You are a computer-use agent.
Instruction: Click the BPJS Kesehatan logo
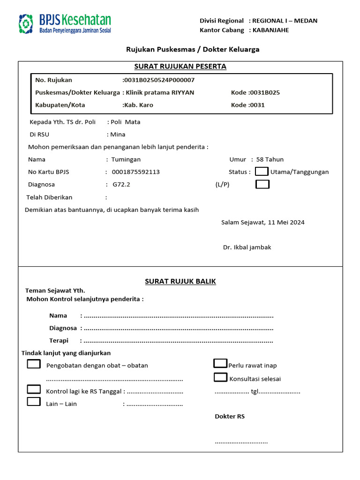(65, 23)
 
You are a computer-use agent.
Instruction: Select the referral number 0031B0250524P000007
(159, 80)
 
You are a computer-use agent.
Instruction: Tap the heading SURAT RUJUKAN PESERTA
(180, 67)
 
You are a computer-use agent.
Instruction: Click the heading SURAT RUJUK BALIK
(180, 281)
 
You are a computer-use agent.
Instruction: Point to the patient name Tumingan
(126, 159)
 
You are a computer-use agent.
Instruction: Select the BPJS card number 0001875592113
(135, 172)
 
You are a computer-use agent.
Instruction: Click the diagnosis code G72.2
(121, 185)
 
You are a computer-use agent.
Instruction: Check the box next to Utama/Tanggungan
(262, 172)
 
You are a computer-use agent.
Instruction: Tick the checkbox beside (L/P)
(262, 184)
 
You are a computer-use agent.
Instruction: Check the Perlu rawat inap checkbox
(220, 363)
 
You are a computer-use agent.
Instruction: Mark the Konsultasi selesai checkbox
(220, 377)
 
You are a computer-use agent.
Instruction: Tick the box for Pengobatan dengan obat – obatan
(34, 364)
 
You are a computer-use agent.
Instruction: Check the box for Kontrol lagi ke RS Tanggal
(34, 389)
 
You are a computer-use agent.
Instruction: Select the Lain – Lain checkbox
(34, 402)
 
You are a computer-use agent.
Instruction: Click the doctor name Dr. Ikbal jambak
(247, 247)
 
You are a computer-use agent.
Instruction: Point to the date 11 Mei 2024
(286, 223)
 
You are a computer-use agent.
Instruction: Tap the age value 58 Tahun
(270, 159)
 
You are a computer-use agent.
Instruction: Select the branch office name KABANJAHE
(271, 30)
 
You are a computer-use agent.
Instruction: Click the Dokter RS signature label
(230, 416)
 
